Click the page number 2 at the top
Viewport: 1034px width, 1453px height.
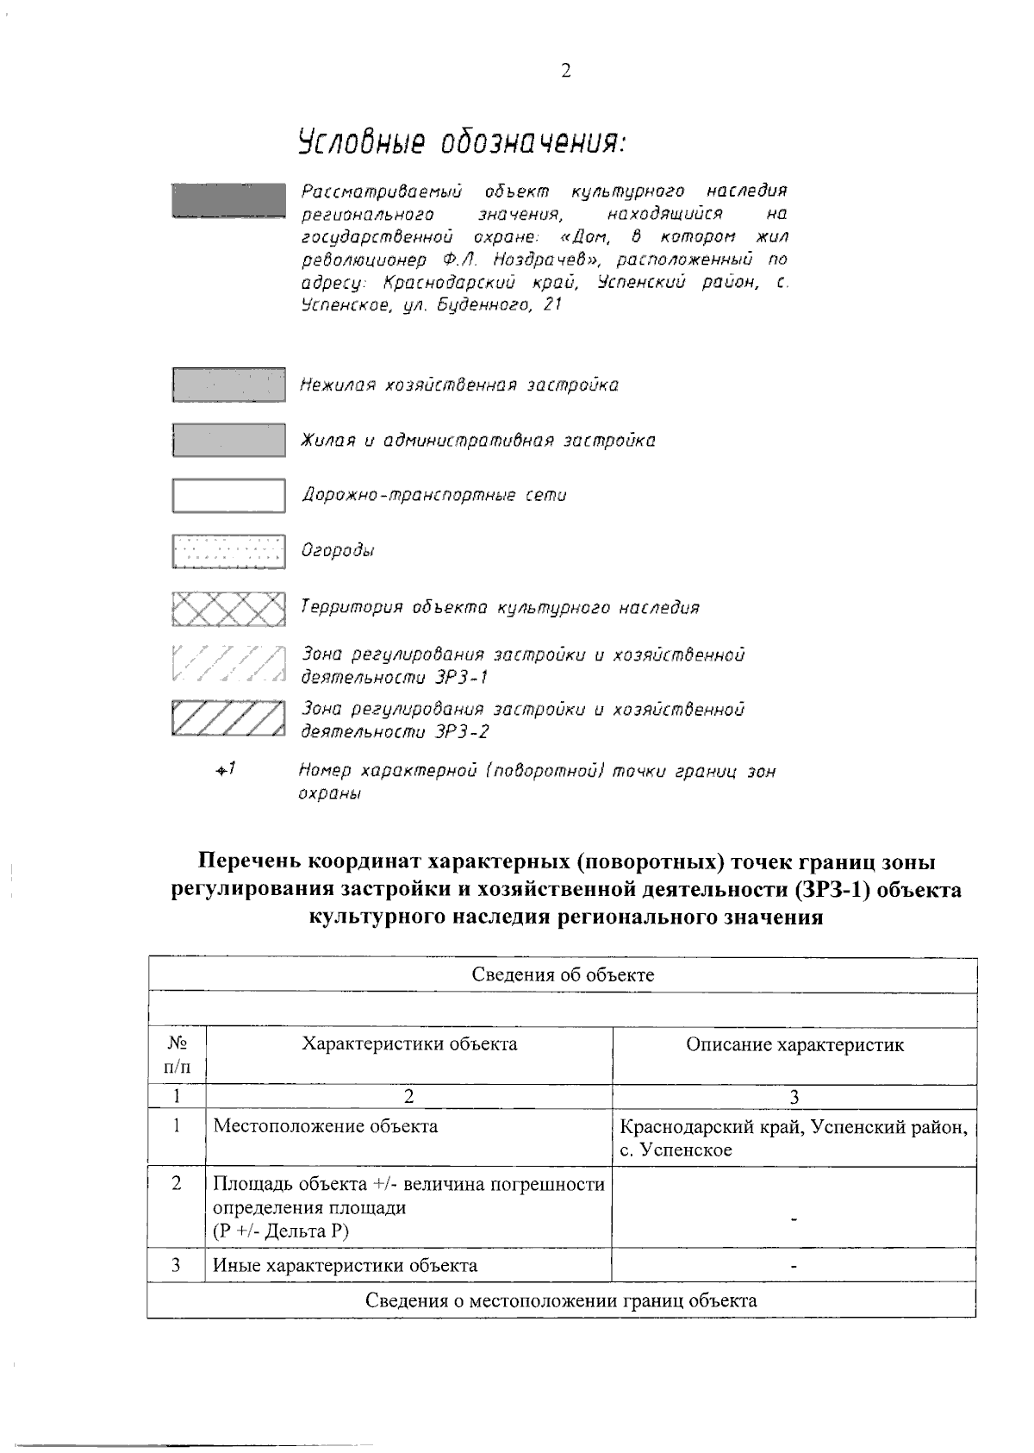pos(565,72)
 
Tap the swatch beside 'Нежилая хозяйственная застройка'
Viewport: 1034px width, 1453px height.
pos(228,385)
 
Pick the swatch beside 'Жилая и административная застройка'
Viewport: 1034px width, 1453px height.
pos(228,440)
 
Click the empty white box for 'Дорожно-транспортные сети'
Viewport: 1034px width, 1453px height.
pos(228,495)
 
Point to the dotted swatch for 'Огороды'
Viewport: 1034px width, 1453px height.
pos(228,551)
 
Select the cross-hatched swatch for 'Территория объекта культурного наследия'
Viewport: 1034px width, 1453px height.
pos(228,609)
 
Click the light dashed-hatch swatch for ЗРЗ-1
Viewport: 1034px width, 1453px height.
pos(228,665)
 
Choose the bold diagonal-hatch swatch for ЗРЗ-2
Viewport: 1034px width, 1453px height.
pos(228,719)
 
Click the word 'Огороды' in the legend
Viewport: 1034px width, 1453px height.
pos(337,551)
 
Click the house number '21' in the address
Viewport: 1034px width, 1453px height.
pos(551,304)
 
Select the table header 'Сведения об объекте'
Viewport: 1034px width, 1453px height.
pos(563,975)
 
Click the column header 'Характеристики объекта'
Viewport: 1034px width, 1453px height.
pos(409,1044)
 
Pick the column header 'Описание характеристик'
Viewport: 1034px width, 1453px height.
pos(794,1045)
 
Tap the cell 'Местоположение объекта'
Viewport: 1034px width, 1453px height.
pos(325,1126)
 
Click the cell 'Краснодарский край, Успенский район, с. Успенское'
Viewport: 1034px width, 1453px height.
pos(793,1138)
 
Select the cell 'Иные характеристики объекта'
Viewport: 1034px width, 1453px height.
pos(345,1266)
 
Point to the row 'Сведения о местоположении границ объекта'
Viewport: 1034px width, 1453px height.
pos(561,1300)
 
